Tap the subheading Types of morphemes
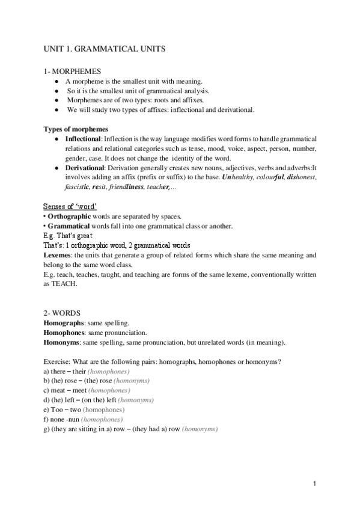[76, 129]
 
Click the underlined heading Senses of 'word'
[75, 206]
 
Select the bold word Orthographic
[68, 217]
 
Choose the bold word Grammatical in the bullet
[67, 226]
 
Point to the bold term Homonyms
[63, 342]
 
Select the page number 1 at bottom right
[315, 484]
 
